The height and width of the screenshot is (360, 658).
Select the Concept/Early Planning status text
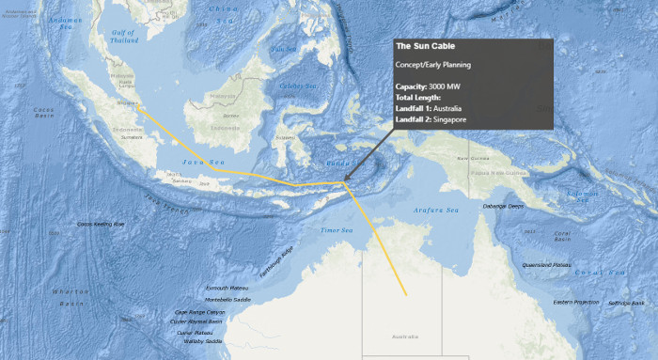point(432,64)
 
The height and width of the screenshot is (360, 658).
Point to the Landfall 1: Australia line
point(439,108)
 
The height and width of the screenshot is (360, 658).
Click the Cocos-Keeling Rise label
point(101,224)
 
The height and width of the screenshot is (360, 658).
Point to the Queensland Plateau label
point(549,265)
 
